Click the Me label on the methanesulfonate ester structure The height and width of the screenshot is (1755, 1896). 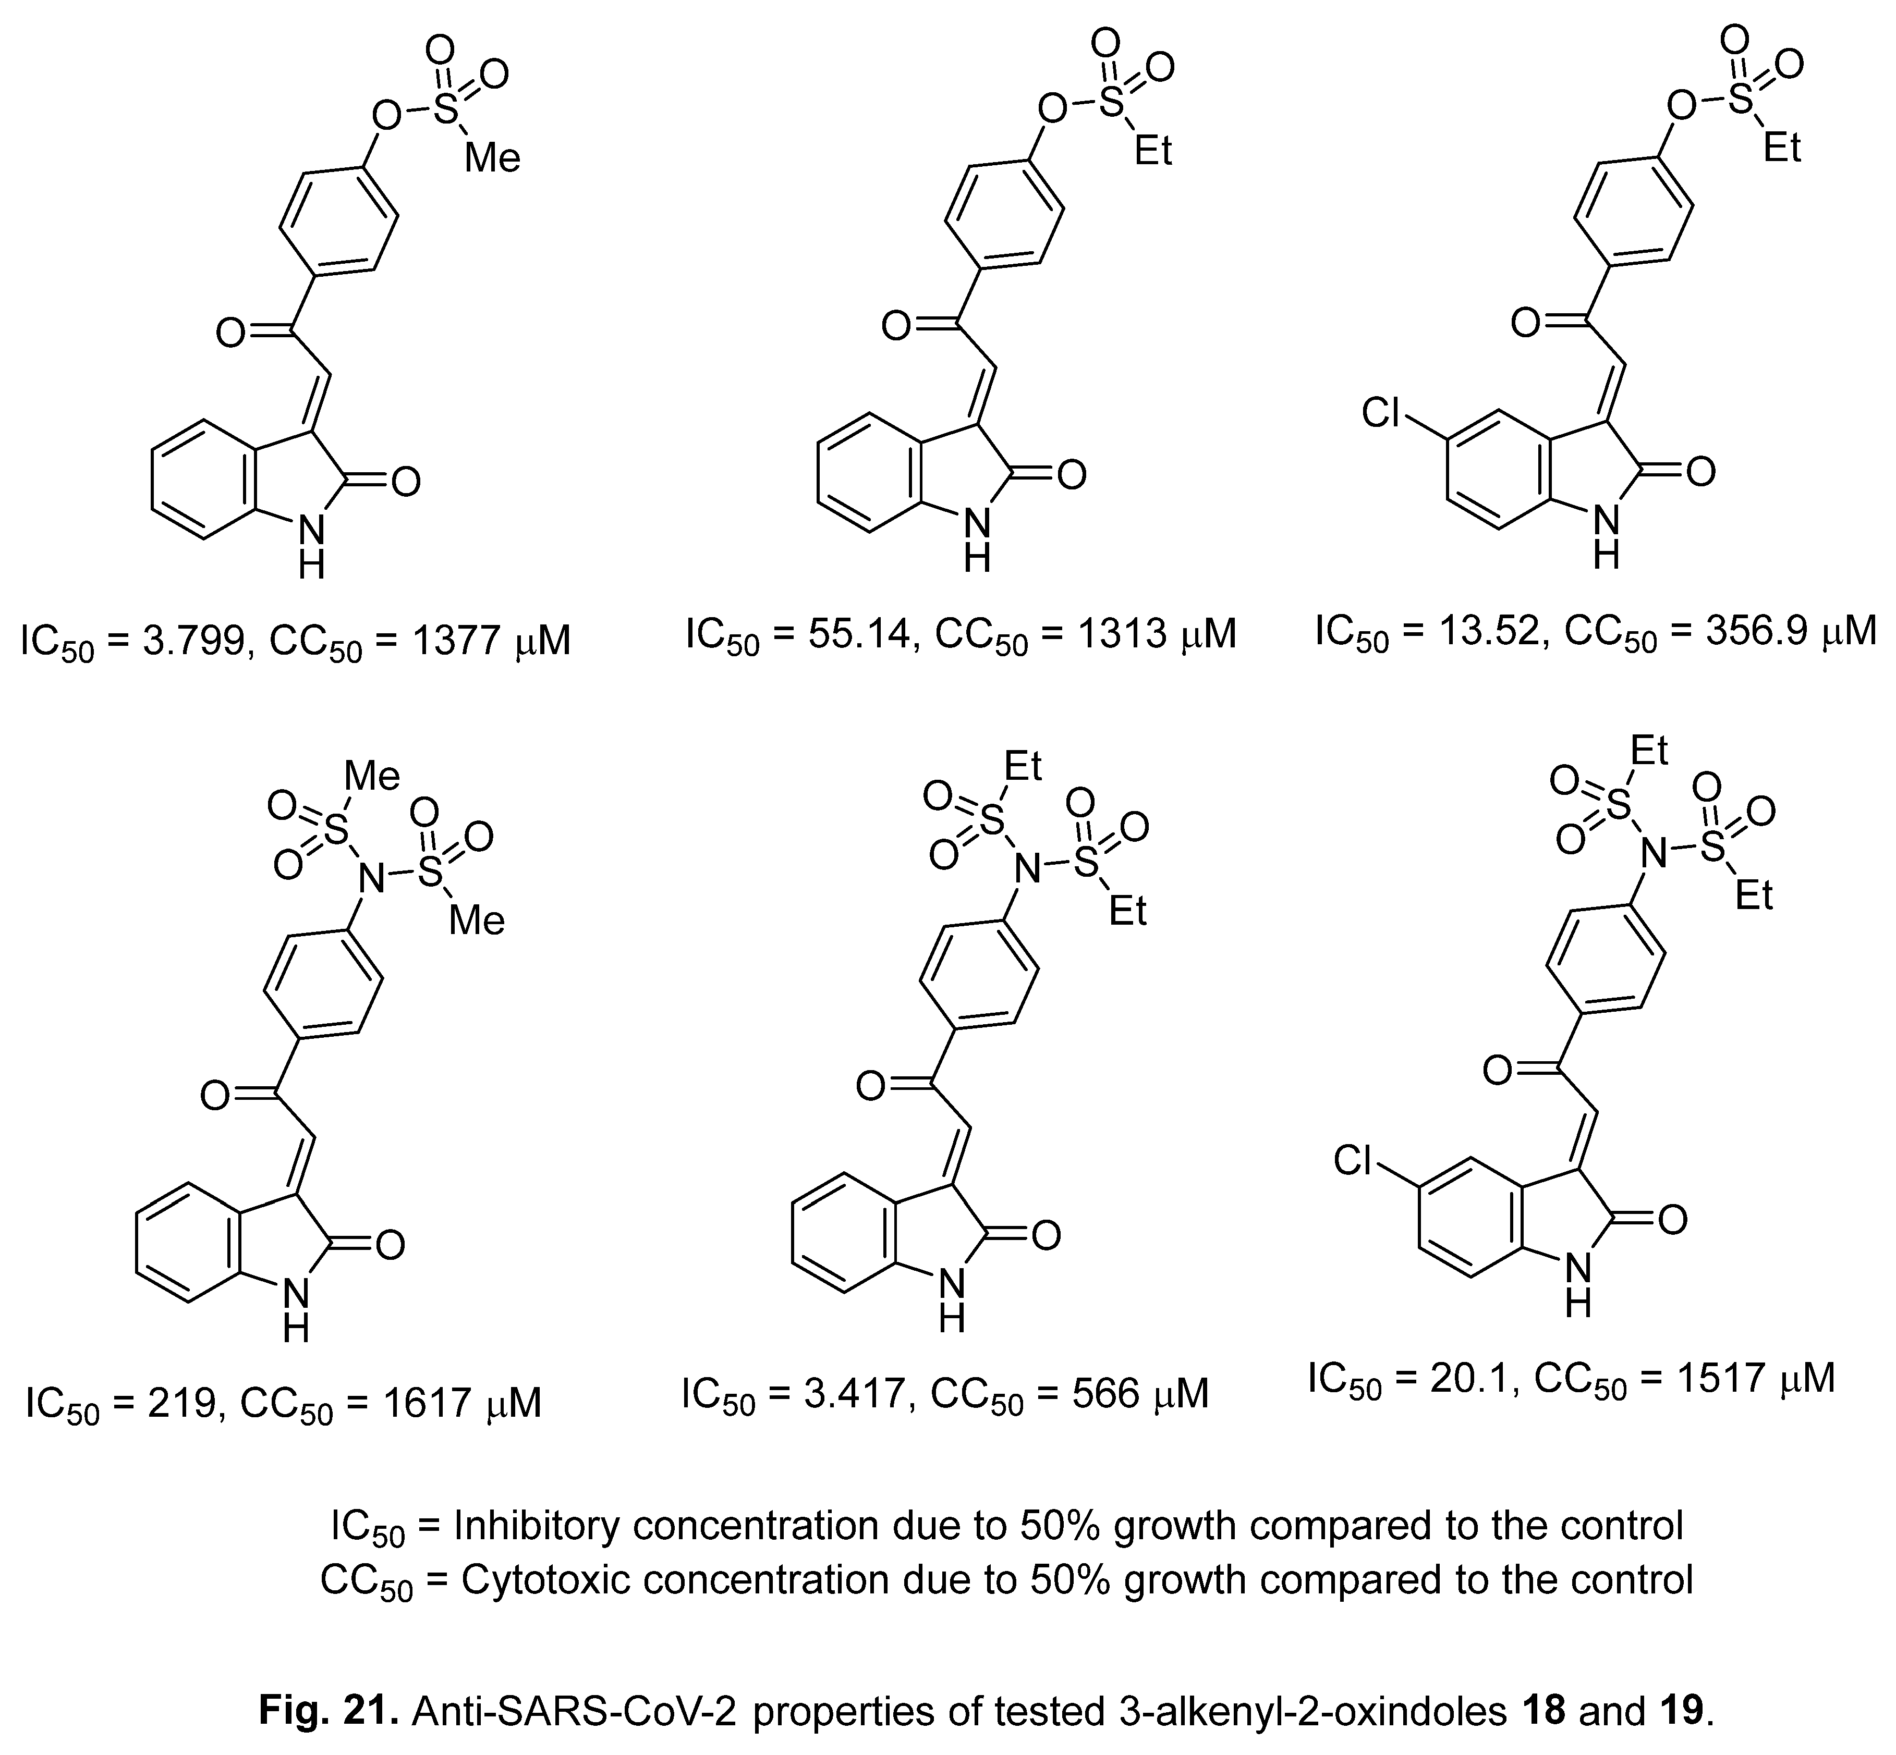coord(492,157)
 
